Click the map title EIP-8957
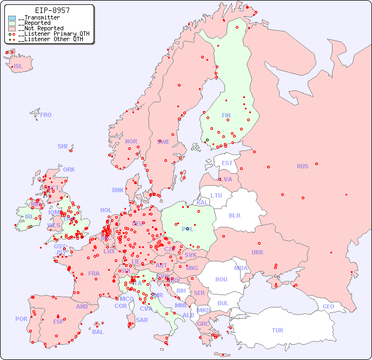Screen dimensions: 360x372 click(52, 10)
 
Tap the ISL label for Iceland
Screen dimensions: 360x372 click(18, 67)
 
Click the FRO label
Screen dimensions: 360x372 click(46, 115)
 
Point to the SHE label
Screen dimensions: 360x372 click(63, 146)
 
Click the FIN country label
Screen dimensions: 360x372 click(226, 115)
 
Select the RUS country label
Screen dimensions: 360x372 click(302, 166)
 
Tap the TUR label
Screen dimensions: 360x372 click(277, 330)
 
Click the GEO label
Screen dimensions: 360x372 click(328, 306)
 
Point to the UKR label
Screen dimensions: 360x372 click(257, 252)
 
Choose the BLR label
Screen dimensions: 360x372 click(234, 215)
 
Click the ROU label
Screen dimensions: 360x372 click(221, 279)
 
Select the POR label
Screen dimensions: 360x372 click(21, 319)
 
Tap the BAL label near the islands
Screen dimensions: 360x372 click(98, 332)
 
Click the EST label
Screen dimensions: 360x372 click(227, 163)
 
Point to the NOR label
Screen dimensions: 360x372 click(131, 141)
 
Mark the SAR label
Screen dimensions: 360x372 click(142, 320)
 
